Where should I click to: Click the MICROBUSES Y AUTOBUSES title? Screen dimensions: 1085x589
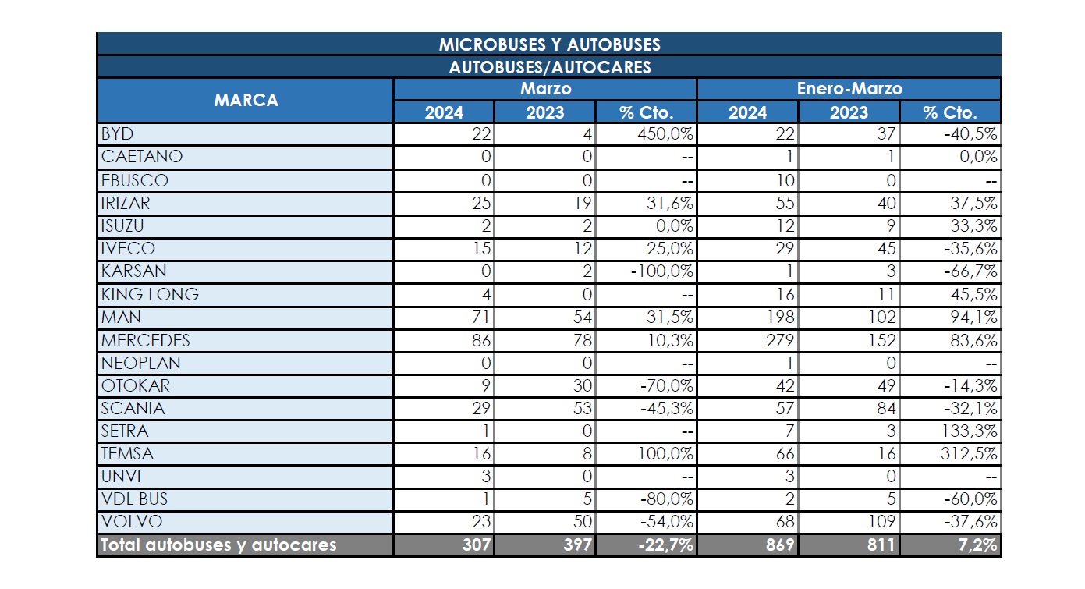549,44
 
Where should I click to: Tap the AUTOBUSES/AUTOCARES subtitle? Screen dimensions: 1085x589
550,67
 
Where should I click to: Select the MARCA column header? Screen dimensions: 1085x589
246,101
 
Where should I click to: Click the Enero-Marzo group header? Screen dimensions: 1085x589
849,89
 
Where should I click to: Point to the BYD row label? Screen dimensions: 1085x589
117,133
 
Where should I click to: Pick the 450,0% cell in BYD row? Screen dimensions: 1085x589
665,133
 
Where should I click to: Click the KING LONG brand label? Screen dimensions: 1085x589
150,295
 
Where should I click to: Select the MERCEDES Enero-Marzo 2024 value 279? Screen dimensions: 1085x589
780,340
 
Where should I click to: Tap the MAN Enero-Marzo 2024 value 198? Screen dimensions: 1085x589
781,318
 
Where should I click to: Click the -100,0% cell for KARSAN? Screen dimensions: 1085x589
661,271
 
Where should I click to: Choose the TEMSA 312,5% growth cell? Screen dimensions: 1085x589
969,454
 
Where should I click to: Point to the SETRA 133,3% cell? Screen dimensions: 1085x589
969,431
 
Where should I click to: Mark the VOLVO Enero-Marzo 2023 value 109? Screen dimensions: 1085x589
882,522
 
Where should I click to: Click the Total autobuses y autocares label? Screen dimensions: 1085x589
218,545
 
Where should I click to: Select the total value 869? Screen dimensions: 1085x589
780,545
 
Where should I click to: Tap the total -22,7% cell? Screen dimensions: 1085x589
665,545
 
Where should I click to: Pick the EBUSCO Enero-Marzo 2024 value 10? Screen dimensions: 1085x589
785,181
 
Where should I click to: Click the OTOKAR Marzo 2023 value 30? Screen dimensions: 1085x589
582,385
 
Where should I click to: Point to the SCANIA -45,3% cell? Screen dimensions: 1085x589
666,408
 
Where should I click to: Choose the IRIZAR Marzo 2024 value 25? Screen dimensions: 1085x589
481,203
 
